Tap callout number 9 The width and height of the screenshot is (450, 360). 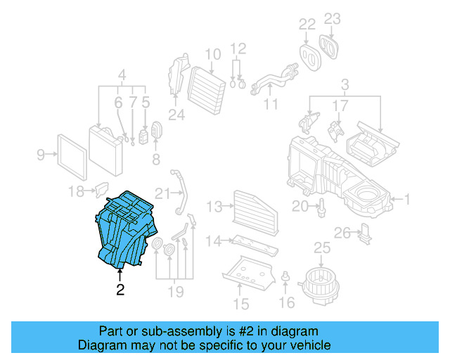41,154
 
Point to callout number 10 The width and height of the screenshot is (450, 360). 212,54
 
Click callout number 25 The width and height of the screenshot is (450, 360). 321,248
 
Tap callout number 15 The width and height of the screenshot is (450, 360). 241,304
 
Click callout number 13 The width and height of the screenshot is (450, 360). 214,207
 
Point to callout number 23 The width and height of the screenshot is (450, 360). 332,19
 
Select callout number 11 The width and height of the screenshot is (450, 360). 271,106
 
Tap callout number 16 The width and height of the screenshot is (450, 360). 286,302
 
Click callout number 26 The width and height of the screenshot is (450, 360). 342,233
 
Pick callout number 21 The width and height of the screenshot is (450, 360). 162,193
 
